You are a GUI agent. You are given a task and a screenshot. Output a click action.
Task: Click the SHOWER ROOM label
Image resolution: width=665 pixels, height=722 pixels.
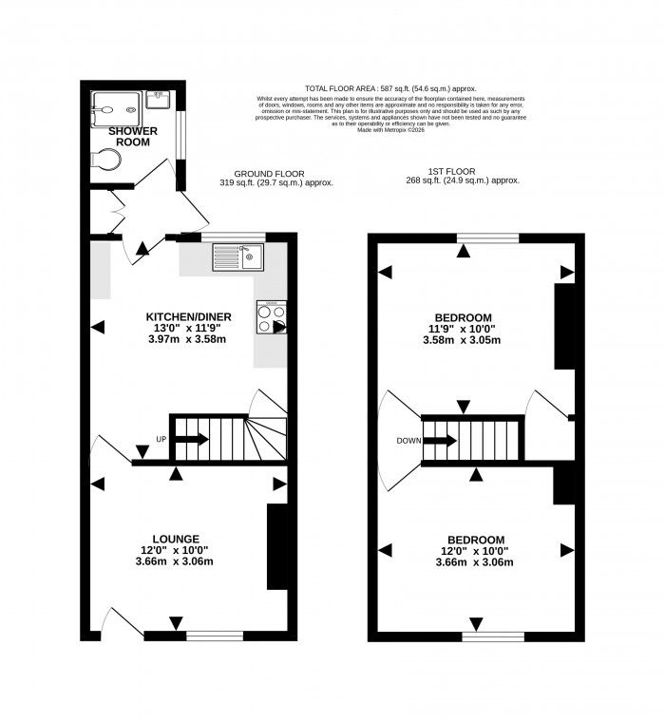[133, 136]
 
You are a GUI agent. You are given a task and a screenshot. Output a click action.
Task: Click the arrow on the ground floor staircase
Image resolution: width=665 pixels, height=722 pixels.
[194, 439]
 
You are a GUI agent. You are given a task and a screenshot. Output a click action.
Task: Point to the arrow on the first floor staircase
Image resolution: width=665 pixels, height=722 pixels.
[440, 440]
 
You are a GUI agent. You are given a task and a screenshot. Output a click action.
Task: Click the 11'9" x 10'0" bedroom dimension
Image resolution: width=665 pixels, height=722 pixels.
[463, 329]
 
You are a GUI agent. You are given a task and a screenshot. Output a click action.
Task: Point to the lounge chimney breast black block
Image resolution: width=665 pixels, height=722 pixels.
[276, 547]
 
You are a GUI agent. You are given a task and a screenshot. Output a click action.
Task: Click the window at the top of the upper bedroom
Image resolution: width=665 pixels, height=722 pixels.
[487, 237]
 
